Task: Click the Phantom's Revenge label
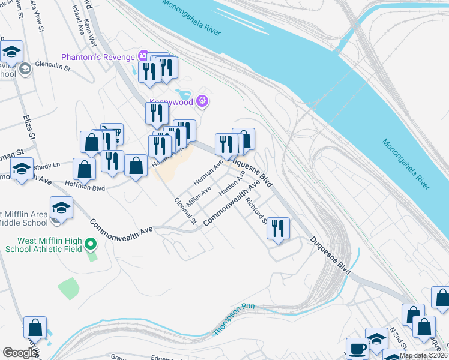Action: point(98,57)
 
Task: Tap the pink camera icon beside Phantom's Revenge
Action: point(143,57)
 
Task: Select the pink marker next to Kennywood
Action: point(202,101)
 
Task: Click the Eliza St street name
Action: point(29,129)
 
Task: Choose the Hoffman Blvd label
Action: point(84,187)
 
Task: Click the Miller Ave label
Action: point(198,196)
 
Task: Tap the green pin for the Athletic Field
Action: point(91,244)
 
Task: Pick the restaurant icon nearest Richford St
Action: point(278,228)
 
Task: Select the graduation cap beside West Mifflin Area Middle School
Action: point(61,208)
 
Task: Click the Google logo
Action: point(21,353)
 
